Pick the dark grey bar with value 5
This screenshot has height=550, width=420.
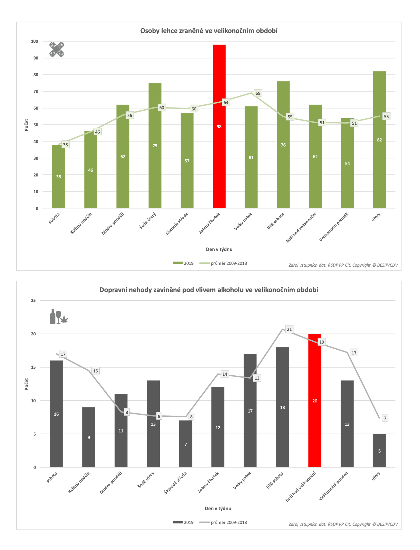(x=379, y=451)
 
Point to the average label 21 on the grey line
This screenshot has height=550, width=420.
(x=289, y=329)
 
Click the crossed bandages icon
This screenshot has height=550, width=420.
(x=57, y=49)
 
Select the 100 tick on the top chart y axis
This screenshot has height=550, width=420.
(x=34, y=41)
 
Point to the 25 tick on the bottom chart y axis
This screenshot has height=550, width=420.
(x=33, y=300)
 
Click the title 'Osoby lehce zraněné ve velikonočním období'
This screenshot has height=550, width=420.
(x=209, y=31)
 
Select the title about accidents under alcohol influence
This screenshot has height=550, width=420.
(x=209, y=290)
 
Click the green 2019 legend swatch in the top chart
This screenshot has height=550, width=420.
(x=177, y=263)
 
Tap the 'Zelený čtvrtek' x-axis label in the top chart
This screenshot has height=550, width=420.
(x=209, y=223)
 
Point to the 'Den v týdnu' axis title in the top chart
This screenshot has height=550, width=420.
(x=219, y=249)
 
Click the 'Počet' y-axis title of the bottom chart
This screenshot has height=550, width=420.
(x=26, y=384)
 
